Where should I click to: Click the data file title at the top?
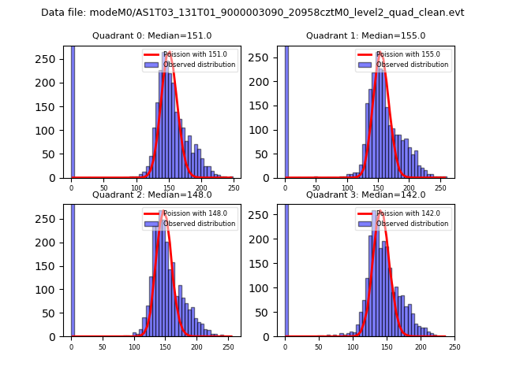(x=252, y=13)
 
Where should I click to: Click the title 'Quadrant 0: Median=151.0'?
(x=151, y=35)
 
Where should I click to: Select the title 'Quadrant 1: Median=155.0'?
(x=365, y=35)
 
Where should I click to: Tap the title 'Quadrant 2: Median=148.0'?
(x=151, y=195)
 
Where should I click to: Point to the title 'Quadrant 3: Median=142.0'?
(x=365, y=195)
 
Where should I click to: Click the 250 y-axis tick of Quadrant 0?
(x=50, y=59)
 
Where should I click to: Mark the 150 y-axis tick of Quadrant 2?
(x=50, y=265)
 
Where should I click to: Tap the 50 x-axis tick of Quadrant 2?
(x=103, y=347)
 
